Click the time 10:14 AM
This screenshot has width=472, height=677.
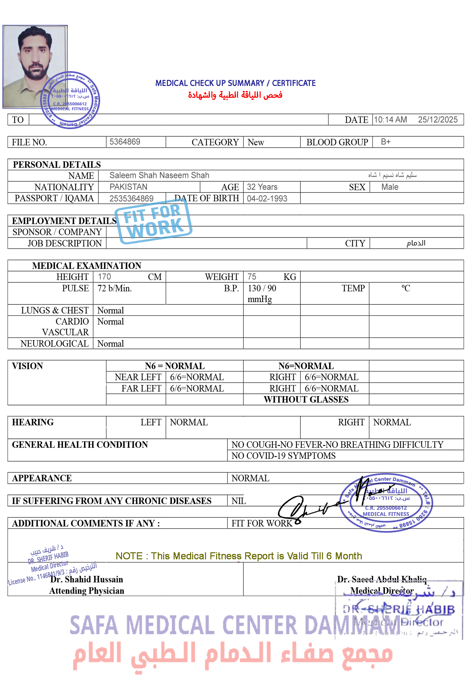pyautogui.click(x=390, y=120)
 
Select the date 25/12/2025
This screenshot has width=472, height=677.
pyautogui.click(x=437, y=120)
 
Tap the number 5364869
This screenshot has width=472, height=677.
pyautogui.click(x=125, y=142)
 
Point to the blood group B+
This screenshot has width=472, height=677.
pyautogui.click(x=385, y=142)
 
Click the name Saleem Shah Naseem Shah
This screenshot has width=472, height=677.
pyautogui.click(x=159, y=175)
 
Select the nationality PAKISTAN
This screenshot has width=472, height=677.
pyautogui.click(x=128, y=187)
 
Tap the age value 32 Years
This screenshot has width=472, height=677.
pyautogui.click(x=262, y=187)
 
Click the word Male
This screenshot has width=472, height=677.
pyautogui.click(x=390, y=187)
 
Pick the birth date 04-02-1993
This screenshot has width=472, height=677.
pyautogui.click(x=267, y=199)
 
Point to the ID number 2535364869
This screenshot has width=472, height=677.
pyautogui.click(x=131, y=198)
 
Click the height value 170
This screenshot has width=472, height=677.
pyautogui.click(x=104, y=277)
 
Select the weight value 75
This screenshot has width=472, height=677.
pyautogui.click(x=252, y=277)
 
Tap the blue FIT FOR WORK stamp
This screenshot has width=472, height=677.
pyautogui.click(x=153, y=222)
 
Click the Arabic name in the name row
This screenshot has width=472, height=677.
pyautogui.click(x=392, y=175)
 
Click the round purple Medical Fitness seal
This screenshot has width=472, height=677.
pyautogui.click(x=386, y=502)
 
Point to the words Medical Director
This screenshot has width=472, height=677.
pyautogui.click(x=382, y=591)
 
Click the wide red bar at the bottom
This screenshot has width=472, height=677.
pyautogui.click(x=233, y=658)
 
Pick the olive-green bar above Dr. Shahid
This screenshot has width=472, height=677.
pyautogui.click(x=238, y=556)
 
